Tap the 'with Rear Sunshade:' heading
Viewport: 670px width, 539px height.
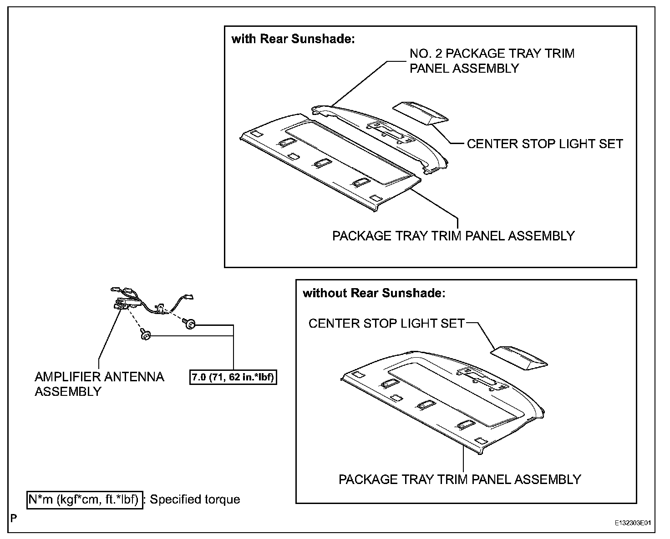pos(293,39)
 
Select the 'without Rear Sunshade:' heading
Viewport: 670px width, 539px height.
pos(374,293)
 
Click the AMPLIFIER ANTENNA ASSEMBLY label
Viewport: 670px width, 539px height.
pos(99,384)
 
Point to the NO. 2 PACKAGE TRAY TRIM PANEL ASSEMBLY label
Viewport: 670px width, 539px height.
pos(492,61)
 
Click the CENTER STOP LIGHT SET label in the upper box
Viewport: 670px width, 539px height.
pos(545,144)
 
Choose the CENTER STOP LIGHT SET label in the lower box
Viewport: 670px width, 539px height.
pos(386,324)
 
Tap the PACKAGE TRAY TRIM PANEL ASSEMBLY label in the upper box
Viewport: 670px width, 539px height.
pos(453,236)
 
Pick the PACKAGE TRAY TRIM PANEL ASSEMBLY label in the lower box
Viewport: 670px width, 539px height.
pos(460,479)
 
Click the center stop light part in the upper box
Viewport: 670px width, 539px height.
pos(421,113)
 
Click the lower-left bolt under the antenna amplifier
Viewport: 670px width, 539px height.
pos(145,335)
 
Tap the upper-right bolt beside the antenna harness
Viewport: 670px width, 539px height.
pos(189,324)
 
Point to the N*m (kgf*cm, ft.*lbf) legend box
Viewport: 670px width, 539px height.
pos(85,499)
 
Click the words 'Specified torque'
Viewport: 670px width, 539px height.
pos(195,499)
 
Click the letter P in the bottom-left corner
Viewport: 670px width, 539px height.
pos(14,518)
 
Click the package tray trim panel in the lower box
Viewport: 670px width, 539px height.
pos(437,400)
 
